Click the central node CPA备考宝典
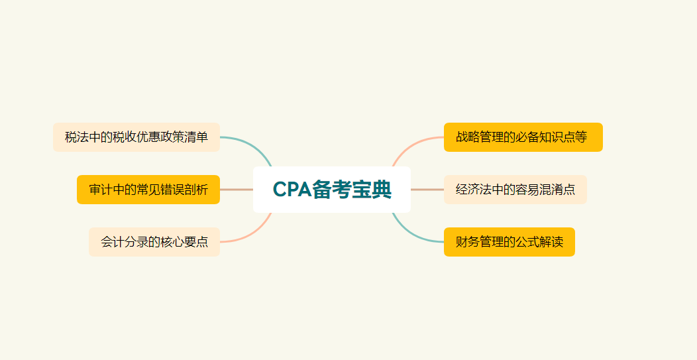click(332, 190)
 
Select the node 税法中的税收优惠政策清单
click(136, 137)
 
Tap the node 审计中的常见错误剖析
click(148, 190)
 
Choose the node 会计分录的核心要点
click(154, 242)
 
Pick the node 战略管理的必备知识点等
click(523, 137)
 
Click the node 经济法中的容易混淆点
click(515, 190)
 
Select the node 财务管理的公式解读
click(509, 242)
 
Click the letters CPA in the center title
click(292, 190)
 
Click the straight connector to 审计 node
click(236, 190)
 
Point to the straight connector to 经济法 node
click(427, 190)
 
